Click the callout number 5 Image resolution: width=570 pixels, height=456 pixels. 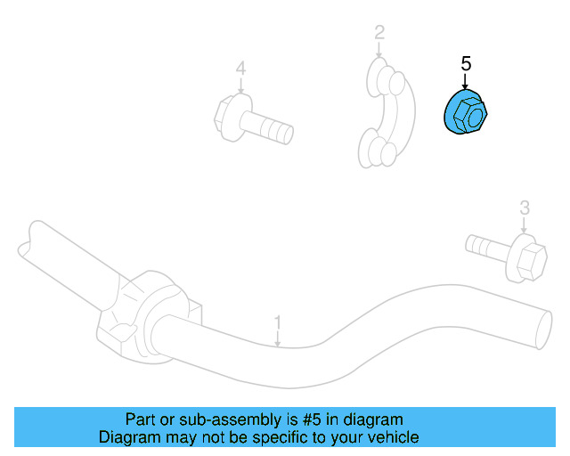point(466,63)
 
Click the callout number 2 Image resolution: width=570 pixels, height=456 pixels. point(379,33)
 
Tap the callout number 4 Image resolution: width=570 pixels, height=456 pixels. point(240,69)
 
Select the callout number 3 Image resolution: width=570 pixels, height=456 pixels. point(525,208)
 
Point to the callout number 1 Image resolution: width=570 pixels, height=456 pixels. point(277,322)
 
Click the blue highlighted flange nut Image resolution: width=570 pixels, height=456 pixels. point(466,111)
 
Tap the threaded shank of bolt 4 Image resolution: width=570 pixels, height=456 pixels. point(267,127)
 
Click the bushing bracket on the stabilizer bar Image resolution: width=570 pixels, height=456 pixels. point(149,316)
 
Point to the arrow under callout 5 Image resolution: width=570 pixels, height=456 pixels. point(465,81)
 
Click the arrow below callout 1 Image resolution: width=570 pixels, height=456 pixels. point(277,338)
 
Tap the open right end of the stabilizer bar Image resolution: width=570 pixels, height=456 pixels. point(544,330)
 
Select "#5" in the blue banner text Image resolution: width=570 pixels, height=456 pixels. point(312,419)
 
